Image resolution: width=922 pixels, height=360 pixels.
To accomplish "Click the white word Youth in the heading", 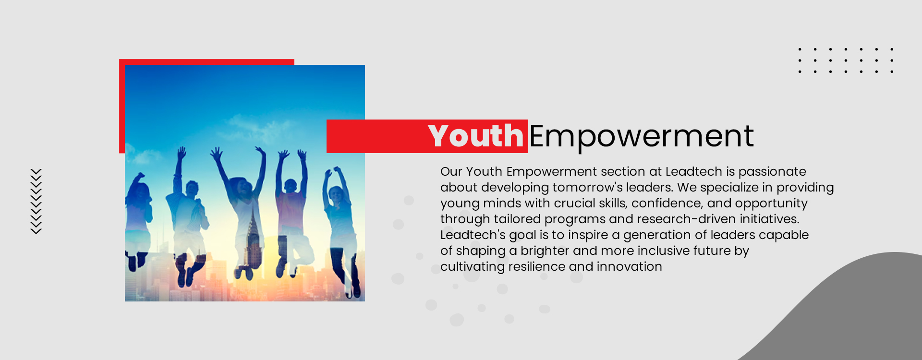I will [x=475, y=136].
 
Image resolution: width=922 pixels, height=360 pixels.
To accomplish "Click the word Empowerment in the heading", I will [x=642, y=136].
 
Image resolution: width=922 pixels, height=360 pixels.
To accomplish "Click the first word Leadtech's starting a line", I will [x=473, y=235].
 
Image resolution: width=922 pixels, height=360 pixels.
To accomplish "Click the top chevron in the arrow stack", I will [x=36, y=171].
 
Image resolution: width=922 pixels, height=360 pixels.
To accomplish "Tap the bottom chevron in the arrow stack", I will [x=36, y=231].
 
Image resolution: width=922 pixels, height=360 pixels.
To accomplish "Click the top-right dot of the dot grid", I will [x=892, y=49].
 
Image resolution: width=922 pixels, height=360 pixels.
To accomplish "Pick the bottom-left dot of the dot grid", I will [x=800, y=72].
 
